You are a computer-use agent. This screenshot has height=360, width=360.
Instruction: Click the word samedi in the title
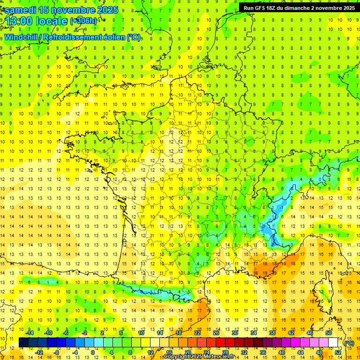click(21, 10)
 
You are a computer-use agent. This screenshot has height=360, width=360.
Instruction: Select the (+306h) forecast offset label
click(83, 21)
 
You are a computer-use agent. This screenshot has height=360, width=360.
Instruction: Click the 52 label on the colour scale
click(338, 352)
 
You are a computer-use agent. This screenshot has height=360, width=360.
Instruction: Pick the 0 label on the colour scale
click(93, 352)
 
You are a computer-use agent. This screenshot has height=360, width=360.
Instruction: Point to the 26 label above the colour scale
click(216, 333)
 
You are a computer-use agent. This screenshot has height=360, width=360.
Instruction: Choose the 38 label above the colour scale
click(272, 333)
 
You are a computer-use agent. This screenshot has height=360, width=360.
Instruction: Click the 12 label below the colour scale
click(150, 352)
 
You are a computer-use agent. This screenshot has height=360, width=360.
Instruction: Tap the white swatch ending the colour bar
click(333, 343)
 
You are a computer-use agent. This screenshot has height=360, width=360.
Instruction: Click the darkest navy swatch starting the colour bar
click(23, 343)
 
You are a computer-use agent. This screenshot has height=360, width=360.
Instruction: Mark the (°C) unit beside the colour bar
click(349, 343)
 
